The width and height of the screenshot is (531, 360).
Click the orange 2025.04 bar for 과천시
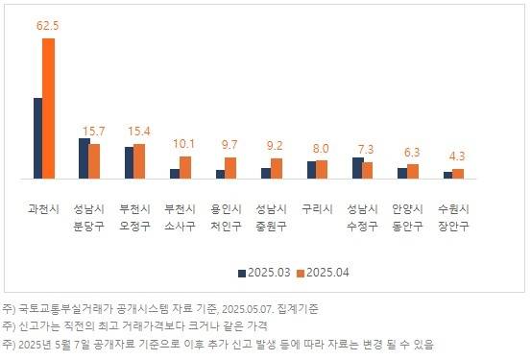[x=49, y=108]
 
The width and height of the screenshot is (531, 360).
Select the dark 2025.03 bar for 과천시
[x=37, y=138]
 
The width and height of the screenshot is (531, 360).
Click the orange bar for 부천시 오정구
[x=139, y=161]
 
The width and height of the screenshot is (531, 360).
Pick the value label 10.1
[x=184, y=143]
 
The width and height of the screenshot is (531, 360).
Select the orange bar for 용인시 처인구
[x=230, y=168]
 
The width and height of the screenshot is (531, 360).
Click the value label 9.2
[x=275, y=145]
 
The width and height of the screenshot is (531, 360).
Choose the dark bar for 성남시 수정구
[x=357, y=168]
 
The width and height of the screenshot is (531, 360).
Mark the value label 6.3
[x=412, y=152]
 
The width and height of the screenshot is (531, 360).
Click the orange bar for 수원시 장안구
[x=458, y=174]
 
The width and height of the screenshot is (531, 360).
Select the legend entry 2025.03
[x=265, y=273]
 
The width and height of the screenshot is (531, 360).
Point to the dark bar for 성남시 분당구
[x=84, y=158]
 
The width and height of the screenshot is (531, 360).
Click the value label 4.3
[x=457, y=156]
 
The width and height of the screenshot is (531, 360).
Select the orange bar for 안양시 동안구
[x=413, y=171]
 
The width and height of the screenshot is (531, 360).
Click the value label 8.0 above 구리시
[x=321, y=148]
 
